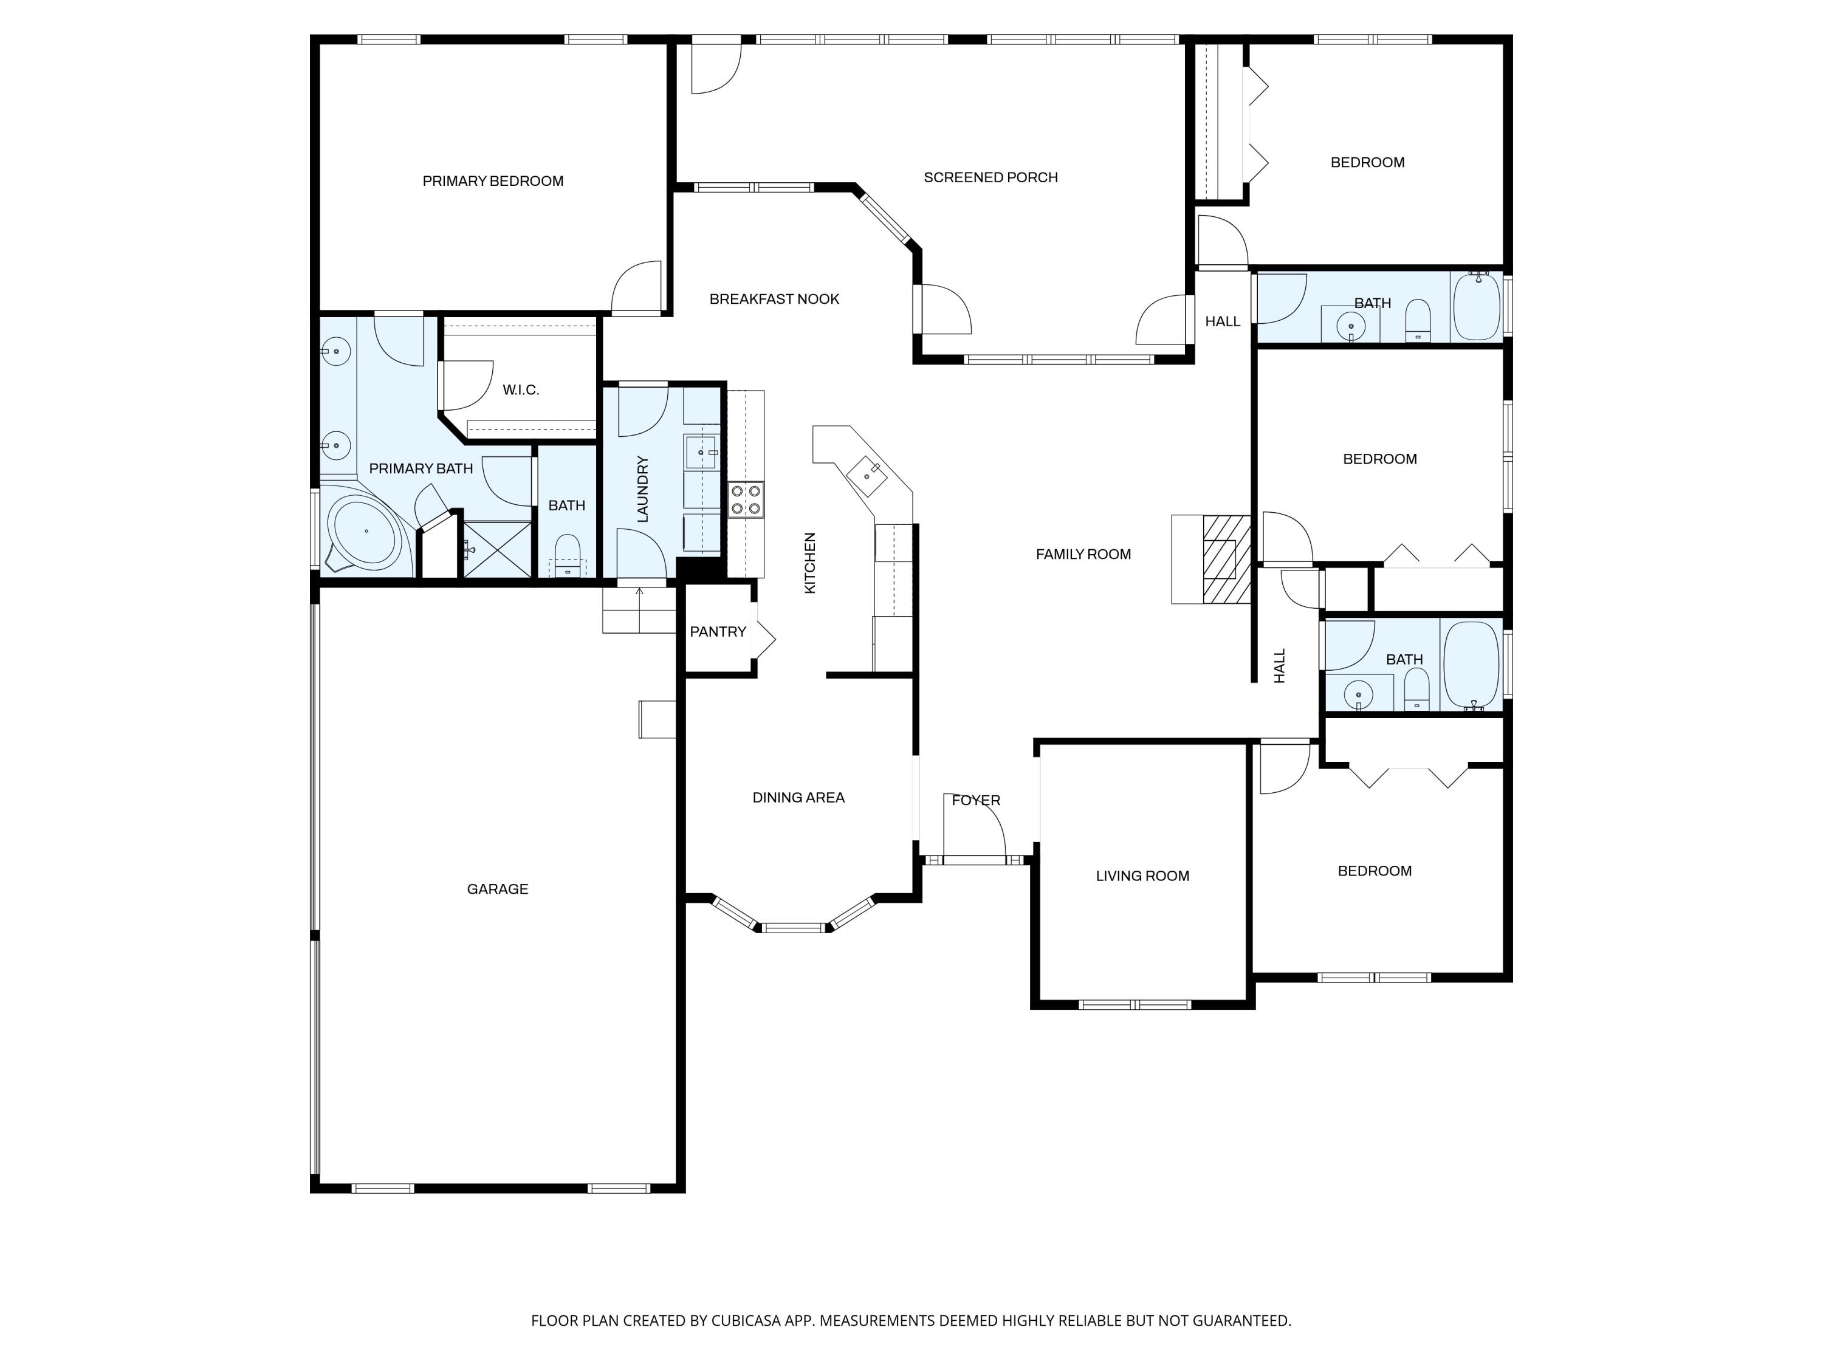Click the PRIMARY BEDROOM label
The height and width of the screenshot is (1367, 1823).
pyautogui.click(x=493, y=181)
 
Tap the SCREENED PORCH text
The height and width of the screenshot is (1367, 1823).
pyautogui.click(x=990, y=177)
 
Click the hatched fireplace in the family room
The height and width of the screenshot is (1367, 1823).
pyautogui.click(x=1226, y=559)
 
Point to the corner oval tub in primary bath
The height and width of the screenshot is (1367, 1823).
pyautogui.click(x=363, y=532)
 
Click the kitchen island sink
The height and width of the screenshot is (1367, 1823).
pyautogui.click(x=868, y=473)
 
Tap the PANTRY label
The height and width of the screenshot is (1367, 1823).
pyautogui.click(x=717, y=632)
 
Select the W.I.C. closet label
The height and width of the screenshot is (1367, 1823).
pyautogui.click(x=521, y=390)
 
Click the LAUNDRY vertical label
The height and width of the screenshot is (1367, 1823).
pyautogui.click(x=644, y=488)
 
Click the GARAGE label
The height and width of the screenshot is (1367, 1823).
pyautogui.click(x=497, y=889)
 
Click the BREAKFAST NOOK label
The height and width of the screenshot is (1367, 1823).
pyautogui.click(x=774, y=299)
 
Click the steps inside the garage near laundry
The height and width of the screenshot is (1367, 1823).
pyautogui.click(x=639, y=611)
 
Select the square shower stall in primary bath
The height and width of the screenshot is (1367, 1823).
pyautogui.click(x=497, y=549)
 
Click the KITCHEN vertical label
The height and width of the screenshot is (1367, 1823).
pyautogui.click(x=810, y=563)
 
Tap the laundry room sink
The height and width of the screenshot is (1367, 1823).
pyautogui.click(x=701, y=453)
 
